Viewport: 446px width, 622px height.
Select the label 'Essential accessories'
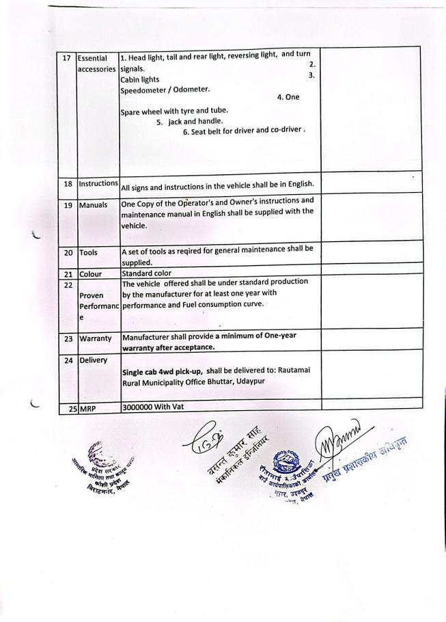click(x=96, y=64)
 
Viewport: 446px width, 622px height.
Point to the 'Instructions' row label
click(x=98, y=184)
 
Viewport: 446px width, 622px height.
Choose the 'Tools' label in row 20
click(x=89, y=253)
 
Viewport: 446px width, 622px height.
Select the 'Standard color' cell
click(x=146, y=273)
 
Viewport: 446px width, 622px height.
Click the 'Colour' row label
click(x=92, y=273)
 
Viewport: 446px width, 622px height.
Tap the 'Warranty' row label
click(x=96, y=338)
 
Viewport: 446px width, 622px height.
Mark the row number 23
click(x=67, y=338)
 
